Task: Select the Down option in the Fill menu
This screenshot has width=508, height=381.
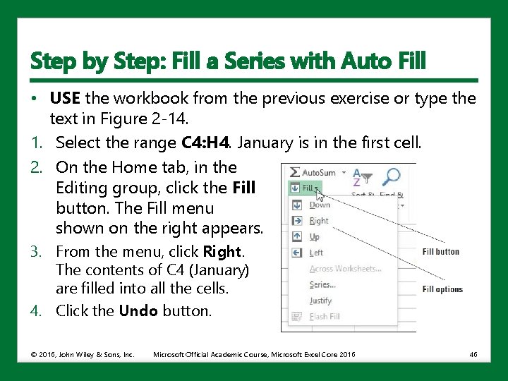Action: (319, 205)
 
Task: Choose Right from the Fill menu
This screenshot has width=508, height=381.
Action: (318, 221)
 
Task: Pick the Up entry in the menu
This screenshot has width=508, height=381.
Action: (315, 237)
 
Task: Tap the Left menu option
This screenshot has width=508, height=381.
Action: (316, 253)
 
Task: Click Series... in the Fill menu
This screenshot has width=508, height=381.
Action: (322, 284)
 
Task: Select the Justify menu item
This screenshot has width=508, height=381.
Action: (320, 301)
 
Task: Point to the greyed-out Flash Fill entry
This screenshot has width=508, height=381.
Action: (325, 317)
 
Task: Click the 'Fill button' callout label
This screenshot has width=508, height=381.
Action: (440, 252)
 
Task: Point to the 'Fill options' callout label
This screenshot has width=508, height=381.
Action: (442, 289)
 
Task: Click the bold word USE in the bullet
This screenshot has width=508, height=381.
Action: (65, 98)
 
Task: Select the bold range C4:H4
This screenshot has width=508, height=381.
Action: (205, 143)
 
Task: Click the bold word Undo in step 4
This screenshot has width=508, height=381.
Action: (139, 310)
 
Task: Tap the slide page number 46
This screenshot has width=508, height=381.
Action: (473, 353)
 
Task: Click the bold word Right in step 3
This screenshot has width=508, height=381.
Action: (222, 252)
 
